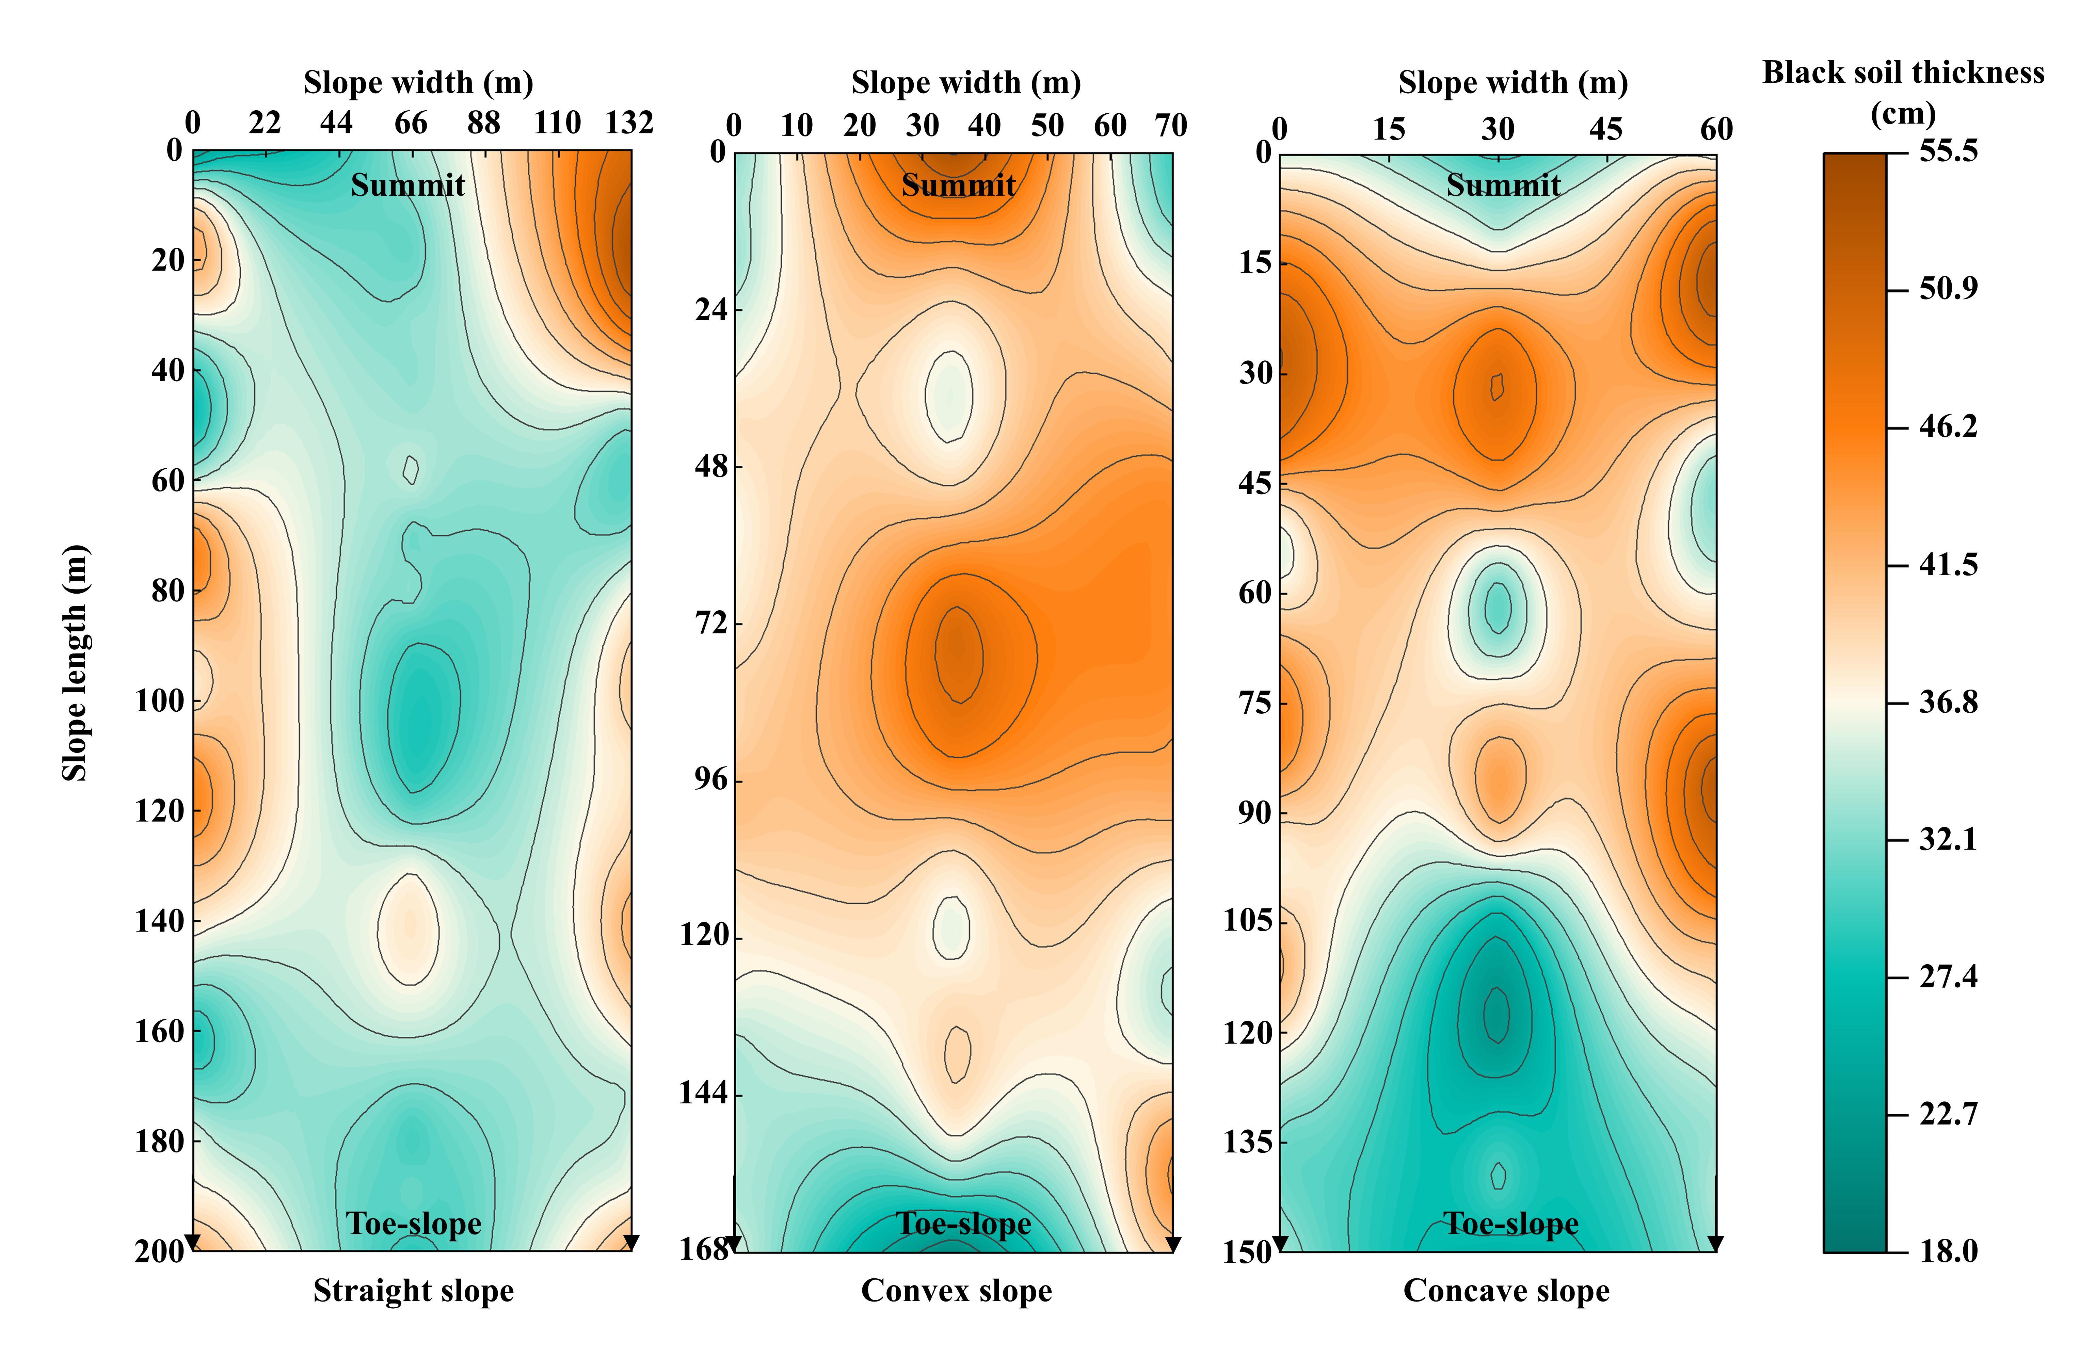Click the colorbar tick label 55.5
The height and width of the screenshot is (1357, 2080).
tap(1948, 151)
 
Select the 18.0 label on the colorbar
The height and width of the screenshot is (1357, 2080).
tap(1948, 1251)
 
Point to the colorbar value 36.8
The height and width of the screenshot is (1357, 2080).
tap(1948, 702)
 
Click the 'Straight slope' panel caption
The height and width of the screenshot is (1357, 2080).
tap(413, 1291)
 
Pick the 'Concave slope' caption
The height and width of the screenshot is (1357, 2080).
tap(1506, 1291)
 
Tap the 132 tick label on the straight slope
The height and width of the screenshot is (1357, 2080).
tap(629, 123)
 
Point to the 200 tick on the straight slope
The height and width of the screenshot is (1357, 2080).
tap(160, 1251)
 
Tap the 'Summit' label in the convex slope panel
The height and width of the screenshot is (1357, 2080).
tap(958, 185)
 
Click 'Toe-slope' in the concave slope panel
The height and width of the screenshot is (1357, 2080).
tap(1510, 1223)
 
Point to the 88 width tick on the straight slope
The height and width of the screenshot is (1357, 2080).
tap(483, 123)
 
